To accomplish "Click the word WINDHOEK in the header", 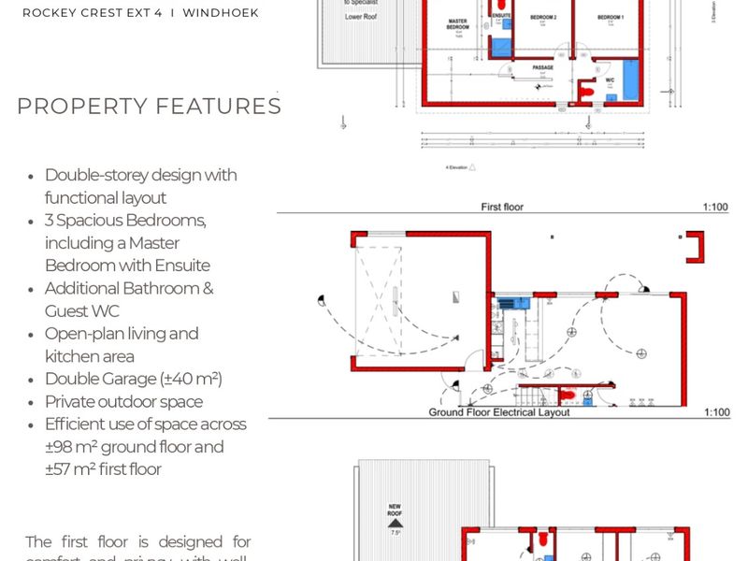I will (x=221, y=13).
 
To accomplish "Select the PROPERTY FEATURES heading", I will (x=149, y=106).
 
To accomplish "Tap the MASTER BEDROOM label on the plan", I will (x=458, y=22).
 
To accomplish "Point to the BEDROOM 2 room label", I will (x=543, y=18).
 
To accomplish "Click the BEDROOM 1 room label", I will (x=610, y=18).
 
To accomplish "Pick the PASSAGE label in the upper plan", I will (x=543, y=68).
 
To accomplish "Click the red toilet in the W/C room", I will (x=588, y=91).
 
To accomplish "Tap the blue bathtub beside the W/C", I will (x=631, y=80).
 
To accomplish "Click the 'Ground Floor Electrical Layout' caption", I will (x=500, y=412).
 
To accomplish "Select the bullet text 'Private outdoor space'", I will (x=123, y=401).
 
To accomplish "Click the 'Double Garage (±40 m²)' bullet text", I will (x=133, y=379).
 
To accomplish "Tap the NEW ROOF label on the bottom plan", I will (x=395, y=511).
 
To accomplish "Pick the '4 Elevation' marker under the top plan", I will (x=457, y=166).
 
